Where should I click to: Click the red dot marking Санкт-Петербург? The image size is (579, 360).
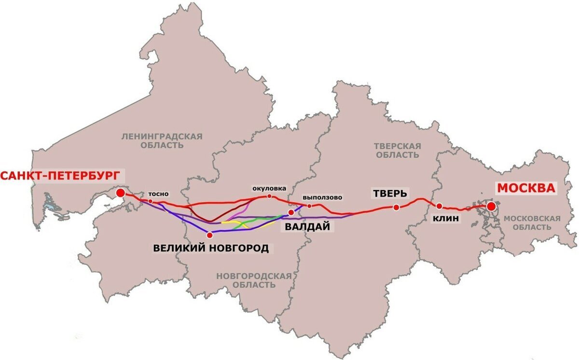pyautogui.click(x=121, y=194)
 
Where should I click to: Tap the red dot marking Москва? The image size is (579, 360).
pyautogui.click(x=491, y=207)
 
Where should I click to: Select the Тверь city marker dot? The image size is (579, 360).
pyautogui.click(x=396, y=208)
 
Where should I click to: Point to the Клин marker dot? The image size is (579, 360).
pyautogui.click(x=439, y=206)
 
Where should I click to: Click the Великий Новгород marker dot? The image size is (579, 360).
pyautogui.click(x=209, y=235)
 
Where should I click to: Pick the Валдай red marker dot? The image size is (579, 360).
pyautogui.click(x=291, y=212)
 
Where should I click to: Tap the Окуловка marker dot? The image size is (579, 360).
pyautogui.click(x=269, y=196)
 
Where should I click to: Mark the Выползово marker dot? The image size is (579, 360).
pyautogui.click(x=309, y=206)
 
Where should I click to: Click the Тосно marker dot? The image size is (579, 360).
pyautogui.click(x=151, y=201)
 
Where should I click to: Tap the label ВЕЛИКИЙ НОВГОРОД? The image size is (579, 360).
pyautogui.click(x=211, y=249)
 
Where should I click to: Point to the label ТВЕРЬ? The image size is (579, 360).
pyautogui.click(x=390, y=194)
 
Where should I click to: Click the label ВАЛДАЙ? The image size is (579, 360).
pyautogui.click(x=304, y=227)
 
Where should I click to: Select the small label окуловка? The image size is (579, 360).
pyautogui.click(x=269, y=188)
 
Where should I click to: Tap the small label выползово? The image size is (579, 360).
pyautogui.click(x=322, y=197)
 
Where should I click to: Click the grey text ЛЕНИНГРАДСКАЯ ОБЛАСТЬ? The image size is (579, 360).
pyautogui.click(x=162, y=141)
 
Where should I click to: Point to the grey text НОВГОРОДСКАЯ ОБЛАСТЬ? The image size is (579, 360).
pyautogui.click(x=254, y=280)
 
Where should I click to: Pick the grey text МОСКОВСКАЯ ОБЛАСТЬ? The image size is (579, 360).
pyautogui.click(x=532, y=223)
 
